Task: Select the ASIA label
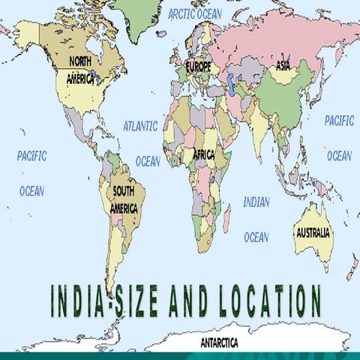coord(283,65)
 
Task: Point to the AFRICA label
coord(203,154)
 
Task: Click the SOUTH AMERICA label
coord(124,200)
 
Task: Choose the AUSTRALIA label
coord(313,232)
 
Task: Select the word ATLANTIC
coord(140,126)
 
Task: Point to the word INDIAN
coord(256,202)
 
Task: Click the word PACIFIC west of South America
coord(31,156)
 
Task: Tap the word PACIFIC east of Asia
coord(339,120)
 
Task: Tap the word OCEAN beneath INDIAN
coord(256,237)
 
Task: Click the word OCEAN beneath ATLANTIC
coord(148,161)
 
